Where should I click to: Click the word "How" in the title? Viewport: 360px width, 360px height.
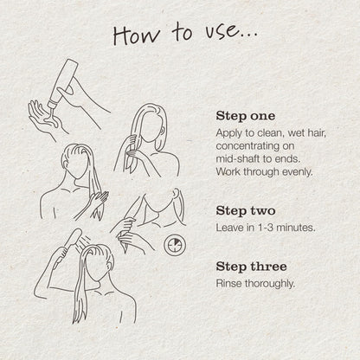(137, 35)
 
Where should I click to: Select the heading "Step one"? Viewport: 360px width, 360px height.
(246, 116)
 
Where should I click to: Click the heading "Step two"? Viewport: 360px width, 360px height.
(246, 210)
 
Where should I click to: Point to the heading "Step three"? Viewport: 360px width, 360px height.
(251, 267)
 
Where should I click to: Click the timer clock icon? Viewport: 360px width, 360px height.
(175, 245)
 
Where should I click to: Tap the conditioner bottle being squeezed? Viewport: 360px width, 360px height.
(63, 82)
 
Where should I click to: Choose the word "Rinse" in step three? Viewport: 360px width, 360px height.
(228, 283)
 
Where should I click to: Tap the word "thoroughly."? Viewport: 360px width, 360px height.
(270, 284)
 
